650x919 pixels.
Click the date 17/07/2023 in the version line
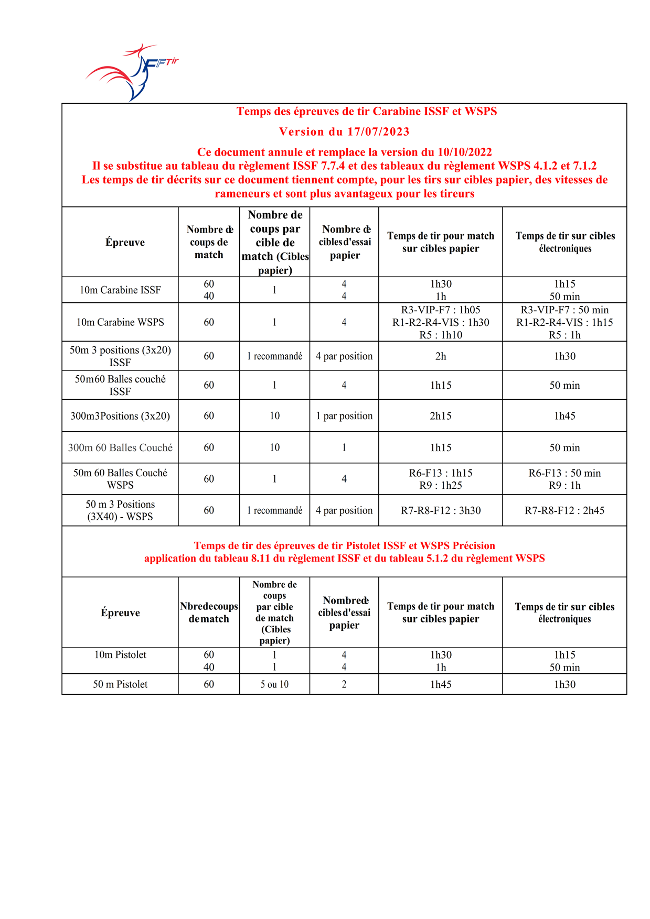click(378, 132)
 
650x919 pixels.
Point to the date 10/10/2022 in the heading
click(465, 152)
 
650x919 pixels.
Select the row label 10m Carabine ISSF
click(120, 290)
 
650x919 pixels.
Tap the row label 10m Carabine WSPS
click(120, 322)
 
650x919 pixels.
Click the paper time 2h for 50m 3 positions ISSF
click(441, 356)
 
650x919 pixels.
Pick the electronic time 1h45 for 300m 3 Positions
click(564, 416)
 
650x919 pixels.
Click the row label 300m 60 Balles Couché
click(120, 447)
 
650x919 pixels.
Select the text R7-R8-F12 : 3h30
click(441, 510)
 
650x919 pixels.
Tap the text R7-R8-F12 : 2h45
click(564, 510)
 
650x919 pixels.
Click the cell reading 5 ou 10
click(274, 684)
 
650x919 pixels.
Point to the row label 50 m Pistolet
click(120, 684)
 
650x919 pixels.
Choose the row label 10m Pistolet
click(120, 655)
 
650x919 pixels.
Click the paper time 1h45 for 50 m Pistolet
click(441, 684)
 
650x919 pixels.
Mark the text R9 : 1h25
click(441, 485)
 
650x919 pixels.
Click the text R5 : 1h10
click(441, 335)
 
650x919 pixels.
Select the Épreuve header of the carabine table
click(125, 242)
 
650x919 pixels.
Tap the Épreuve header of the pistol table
click(120, 612)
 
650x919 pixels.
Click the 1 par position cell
click(344, 416)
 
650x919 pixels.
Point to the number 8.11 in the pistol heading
click(260, 559)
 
